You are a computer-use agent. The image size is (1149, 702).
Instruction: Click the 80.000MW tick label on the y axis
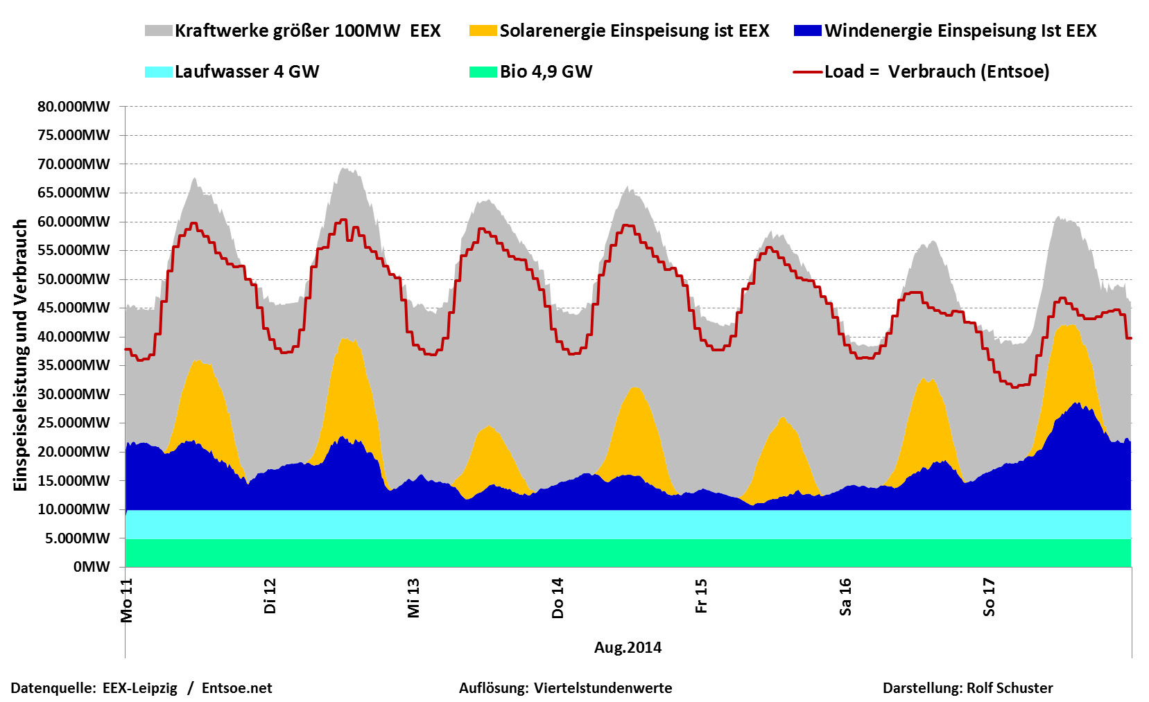tap(74, 107)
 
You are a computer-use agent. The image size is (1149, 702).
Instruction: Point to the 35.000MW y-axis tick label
tap(74, 365)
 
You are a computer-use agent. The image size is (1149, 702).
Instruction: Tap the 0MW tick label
tap(92, 567)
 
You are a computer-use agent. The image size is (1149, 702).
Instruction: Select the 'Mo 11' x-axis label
tap(126, 600)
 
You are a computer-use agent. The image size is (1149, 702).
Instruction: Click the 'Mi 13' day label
tap(414, 598)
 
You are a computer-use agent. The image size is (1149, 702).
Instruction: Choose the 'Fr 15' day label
tap(701, 596)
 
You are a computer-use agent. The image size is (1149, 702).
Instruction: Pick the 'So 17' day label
tap(989, 597)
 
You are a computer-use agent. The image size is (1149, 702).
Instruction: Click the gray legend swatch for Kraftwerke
tap(158, 30)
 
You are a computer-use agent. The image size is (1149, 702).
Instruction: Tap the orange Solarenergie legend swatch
tap(483, 30)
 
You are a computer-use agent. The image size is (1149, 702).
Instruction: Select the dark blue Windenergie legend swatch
tap(807, 30)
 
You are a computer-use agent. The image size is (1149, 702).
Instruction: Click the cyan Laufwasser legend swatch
tap(158, 71)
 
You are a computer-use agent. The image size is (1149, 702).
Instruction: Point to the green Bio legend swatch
tap(483, 71)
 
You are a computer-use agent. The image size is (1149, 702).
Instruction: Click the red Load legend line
tap(807, 71)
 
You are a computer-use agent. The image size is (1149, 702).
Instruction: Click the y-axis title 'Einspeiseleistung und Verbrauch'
tap(21, 355)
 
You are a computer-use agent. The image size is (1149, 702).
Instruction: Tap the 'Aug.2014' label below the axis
tap(628, 647)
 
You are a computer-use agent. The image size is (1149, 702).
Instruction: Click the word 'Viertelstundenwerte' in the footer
tap(603, 688)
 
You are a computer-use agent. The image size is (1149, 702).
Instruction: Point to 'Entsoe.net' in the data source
tap(237, 688)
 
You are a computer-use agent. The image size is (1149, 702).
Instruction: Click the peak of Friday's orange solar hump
tap(782, 417)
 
